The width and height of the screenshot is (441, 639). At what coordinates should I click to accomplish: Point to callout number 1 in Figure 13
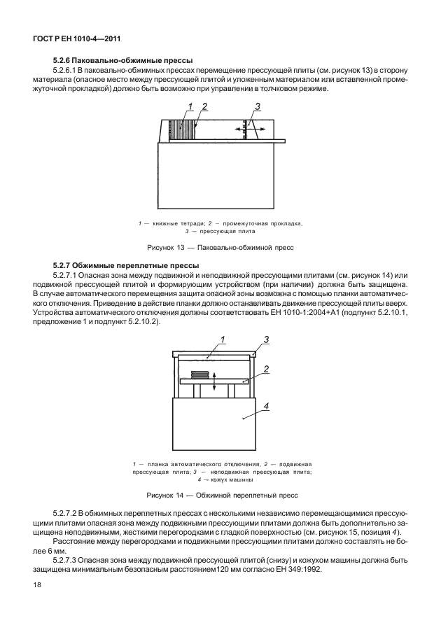click(189, 106)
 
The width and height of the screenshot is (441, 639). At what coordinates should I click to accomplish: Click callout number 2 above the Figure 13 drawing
click(204, 106)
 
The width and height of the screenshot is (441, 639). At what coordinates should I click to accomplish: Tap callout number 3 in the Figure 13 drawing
click(258, 106)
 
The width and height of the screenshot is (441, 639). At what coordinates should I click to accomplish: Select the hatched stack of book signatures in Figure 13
click(183, 131)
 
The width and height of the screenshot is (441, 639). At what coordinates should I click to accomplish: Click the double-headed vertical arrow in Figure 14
click(214, 379)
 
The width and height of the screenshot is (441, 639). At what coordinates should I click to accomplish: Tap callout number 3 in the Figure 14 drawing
click(267, 340)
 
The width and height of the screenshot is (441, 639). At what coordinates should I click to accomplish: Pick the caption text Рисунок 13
click(168, 247)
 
